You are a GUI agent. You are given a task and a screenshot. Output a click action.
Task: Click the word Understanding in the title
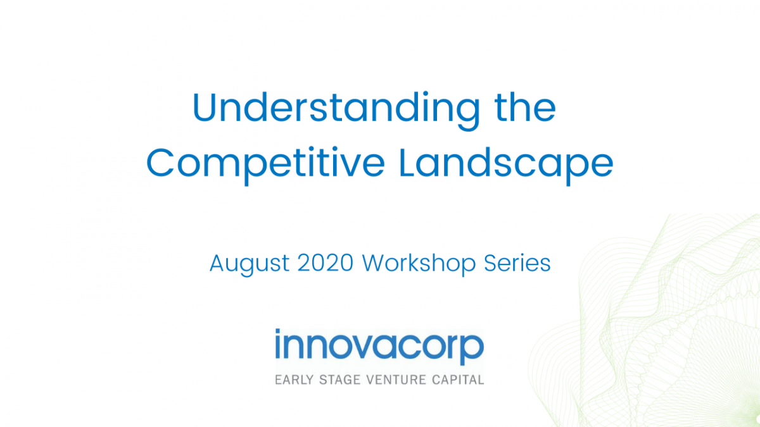pos(336,111)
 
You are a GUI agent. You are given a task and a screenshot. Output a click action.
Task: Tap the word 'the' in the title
pos(525,106)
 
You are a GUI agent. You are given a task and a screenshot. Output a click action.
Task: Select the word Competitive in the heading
pos(265,165)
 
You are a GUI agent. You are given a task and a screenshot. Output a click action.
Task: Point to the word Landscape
pos(507,165)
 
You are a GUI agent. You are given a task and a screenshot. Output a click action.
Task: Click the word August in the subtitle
pos(250,265)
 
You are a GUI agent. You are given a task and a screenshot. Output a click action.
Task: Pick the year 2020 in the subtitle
pos(326,263)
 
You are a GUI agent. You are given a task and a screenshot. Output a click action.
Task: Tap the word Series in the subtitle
pos(517,263)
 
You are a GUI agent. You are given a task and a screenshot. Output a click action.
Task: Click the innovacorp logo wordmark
pos(379,347)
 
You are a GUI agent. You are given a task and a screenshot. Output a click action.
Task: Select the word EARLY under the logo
pos(294,380)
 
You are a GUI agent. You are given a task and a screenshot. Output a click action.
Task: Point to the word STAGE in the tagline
pos(339,380)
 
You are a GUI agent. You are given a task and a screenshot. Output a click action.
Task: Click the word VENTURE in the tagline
pos(396,380)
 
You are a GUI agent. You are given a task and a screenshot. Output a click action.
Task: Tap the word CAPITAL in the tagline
pos(458,380)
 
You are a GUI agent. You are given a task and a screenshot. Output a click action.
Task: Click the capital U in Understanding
pos(204,107)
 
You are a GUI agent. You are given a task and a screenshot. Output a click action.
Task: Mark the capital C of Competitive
pos(160,162)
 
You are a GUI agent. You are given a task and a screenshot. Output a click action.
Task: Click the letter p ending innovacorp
pos(472,350)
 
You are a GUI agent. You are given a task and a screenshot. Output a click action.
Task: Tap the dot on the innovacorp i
pos(278,331)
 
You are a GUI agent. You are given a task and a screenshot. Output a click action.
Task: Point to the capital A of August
pos(217,263)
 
